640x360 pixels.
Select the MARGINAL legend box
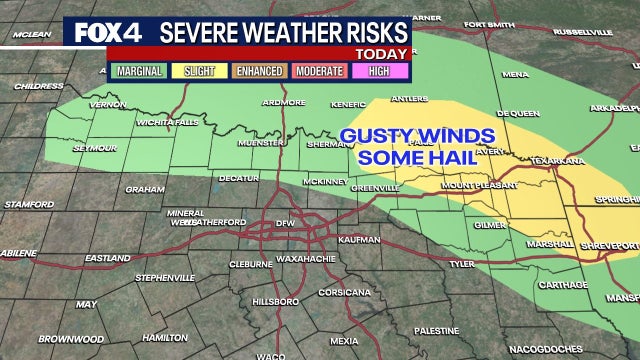[139, 72]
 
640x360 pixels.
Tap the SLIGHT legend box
[198, 72]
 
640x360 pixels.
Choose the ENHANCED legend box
[258, 72]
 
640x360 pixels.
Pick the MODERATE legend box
[318, 72]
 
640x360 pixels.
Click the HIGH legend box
[378, 72]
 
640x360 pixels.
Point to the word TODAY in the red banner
[382, 53]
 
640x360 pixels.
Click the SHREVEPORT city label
[609, 245]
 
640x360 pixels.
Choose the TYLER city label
[461, 264]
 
